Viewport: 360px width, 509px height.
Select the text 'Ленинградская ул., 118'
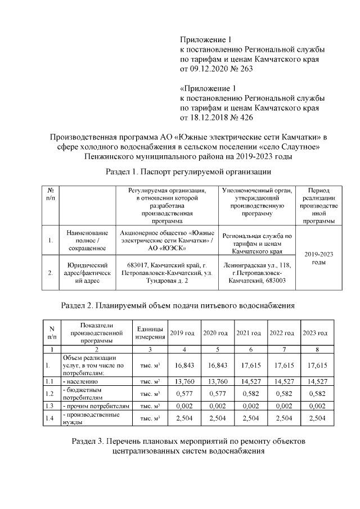click(x=257, y=264)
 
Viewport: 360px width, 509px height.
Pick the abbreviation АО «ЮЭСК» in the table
click(x=168, y=248)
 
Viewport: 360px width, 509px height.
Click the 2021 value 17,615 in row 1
click(x=248, y=365)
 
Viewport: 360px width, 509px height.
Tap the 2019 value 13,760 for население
click(x=182, y=381)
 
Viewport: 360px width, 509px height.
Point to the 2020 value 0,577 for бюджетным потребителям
click(x=215, y=393)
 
